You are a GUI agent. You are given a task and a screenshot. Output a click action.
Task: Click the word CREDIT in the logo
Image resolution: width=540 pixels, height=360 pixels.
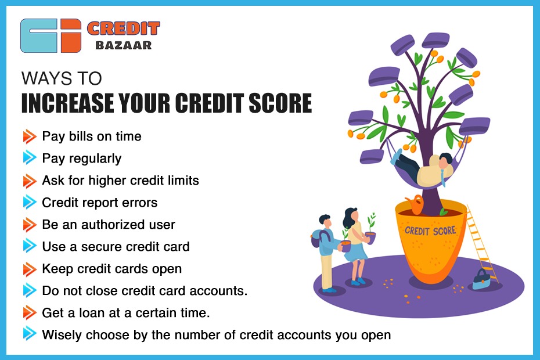point(123,28)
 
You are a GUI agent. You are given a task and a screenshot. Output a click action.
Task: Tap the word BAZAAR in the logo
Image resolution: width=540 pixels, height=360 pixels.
point(123,45)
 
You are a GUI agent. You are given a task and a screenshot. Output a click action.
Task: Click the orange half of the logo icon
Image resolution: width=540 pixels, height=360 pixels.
point(71,35)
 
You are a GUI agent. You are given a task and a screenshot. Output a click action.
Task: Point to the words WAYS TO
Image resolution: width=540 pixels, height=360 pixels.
point(62,78)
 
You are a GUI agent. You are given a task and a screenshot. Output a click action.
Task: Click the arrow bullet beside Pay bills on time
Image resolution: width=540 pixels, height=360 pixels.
point(30,136)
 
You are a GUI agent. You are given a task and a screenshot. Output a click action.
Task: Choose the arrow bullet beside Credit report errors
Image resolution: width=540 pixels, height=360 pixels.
point(30,203)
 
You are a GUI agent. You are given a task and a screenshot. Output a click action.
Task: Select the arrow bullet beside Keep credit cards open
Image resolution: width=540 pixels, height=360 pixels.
point(30,269)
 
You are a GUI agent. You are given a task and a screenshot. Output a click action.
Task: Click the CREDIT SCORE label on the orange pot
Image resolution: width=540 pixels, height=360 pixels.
point(430,231)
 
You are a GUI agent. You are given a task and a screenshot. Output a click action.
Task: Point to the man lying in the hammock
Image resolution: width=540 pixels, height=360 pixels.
point(424,169)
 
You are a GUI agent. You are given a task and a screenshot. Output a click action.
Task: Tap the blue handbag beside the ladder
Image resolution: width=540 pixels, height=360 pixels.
point(481,280)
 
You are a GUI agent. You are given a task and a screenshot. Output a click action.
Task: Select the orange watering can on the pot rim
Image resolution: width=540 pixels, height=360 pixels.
point(415,204)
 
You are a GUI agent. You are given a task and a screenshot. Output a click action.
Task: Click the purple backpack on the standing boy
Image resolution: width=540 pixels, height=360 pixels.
point(318,239)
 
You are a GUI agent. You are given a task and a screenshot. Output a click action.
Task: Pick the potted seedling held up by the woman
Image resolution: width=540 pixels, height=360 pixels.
point(370,230)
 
